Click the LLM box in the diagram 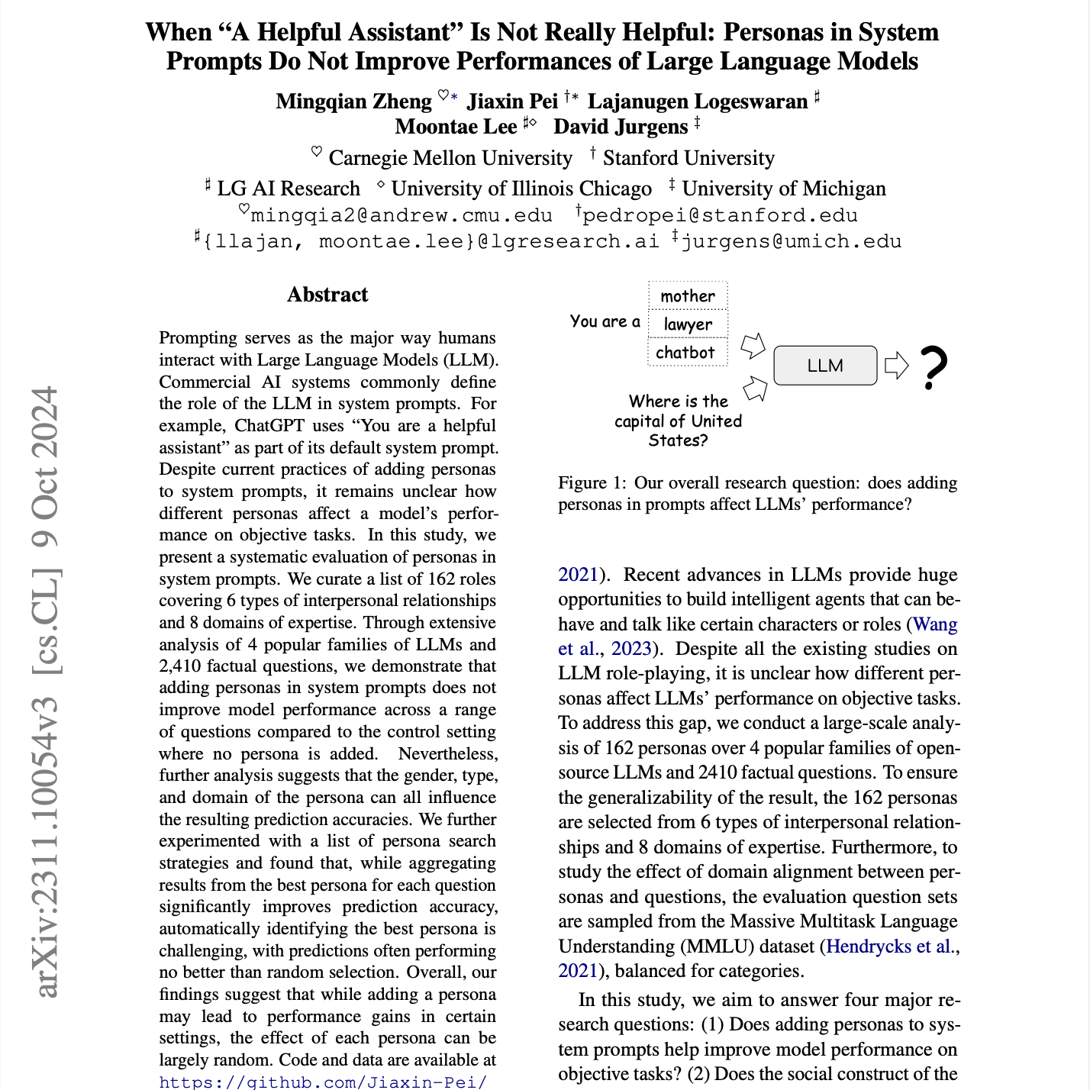[x=825, y=366]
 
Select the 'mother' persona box [x=688, y=296]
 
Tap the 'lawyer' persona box [x=688, y=324]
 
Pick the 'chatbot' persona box [x=685, y=353]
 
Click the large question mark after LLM [x=934, y=368]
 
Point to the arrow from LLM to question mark [x=896, y=366]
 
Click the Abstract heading [x=327, y=295]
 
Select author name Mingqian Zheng [x=353, y=102]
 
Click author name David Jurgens [x=621, y=127]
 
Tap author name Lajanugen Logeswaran [x=697, y=102]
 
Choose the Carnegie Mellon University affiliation [x=450, y=158]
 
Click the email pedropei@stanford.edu [x=720, y=215]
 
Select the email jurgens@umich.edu [x=791, y=241]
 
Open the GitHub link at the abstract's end [x=322, y=1082]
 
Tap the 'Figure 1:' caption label [x=592, y=482]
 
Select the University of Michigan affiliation [x=783, y=189]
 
